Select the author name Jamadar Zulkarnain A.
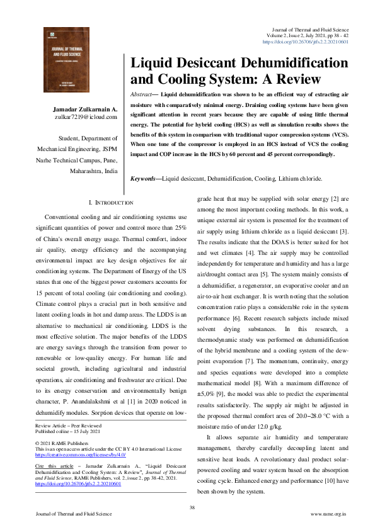pos(84,109)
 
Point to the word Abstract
pos(142,94)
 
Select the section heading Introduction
pos(112,203)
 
